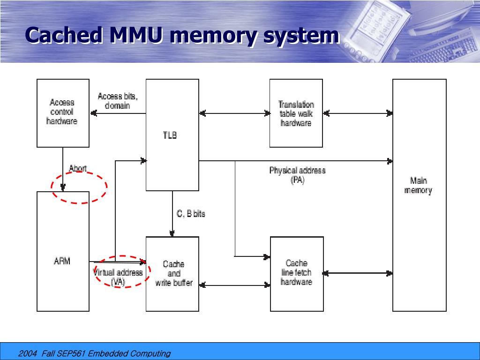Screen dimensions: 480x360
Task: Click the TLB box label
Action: (x=170, y=135)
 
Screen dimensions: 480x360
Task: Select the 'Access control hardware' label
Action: (x=62, y=112)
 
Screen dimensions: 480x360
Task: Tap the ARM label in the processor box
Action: (x=62, y=261)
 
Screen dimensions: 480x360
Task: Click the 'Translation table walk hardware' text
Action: (x=296, y=113)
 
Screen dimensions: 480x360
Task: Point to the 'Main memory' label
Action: (x=418, y=185)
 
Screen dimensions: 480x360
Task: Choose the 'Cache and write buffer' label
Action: (x=173, y=273)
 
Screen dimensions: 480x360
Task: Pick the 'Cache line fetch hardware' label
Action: (x=296, y=272)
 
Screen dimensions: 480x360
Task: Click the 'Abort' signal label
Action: (x=78, y=168)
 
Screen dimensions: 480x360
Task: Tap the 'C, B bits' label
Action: (x=191, y=214)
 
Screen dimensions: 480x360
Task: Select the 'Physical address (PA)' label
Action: (x=297, y=175)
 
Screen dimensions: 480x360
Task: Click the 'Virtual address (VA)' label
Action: (x=118, y=277)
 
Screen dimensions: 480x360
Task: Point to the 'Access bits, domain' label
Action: (x=118, y=101)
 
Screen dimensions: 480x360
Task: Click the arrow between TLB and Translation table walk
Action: (x=234, y=113)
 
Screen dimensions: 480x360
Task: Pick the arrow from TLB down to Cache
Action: (x=172, y=214)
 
